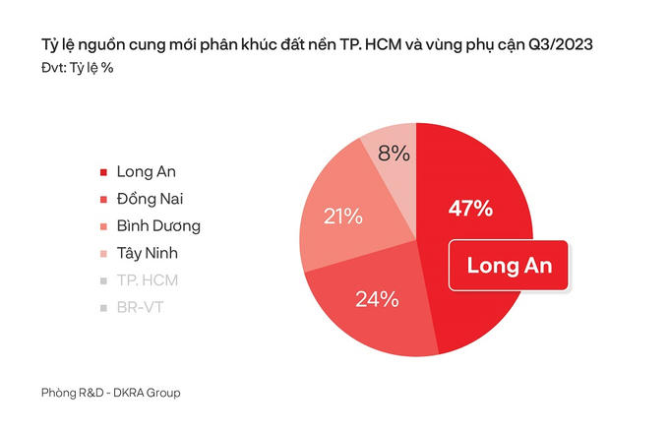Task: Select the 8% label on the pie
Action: click(x=394, y=154)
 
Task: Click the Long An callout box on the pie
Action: click(x=509, y=265)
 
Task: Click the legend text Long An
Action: click(x=146, y=171)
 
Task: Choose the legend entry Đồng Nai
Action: click(x=152, y=199)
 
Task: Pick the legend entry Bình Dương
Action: click(x=157, y=226)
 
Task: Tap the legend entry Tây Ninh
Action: click(x=147, y=253)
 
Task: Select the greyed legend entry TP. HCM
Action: click(x=147, y=280)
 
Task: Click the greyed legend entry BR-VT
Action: click(x=142, y=308)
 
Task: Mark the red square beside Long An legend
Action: click(x=104, y=172)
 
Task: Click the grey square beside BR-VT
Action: click(x=104, y=308)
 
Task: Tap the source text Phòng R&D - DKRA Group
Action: click(x=111, y=393)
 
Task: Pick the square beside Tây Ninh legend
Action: click(x=104, y=254)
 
